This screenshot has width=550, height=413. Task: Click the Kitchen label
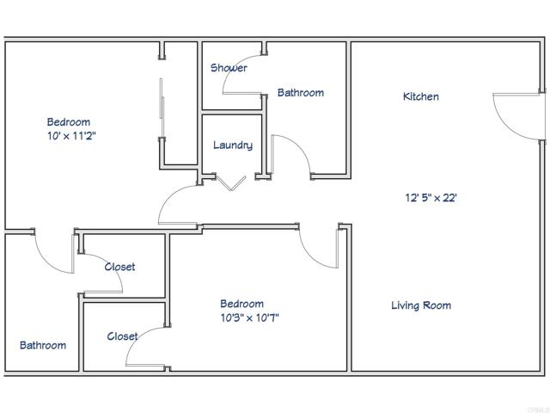tap(421, 96)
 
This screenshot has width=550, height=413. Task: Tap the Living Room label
tap(421, 305)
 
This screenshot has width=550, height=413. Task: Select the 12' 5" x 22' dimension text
tap(431, 197)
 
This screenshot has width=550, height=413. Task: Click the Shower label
tap(229, 68)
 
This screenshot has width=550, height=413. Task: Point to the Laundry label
tap(233, 145)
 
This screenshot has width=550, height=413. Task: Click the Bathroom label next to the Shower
tap(300, 93)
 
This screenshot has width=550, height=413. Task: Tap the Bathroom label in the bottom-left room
tap(43, 345)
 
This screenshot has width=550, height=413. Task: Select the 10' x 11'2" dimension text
tap(72, 136)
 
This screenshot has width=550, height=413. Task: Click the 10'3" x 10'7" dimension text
tap(250, 317)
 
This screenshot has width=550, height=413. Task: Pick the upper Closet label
tap(119, 267)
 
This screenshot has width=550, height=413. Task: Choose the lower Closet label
tap(123, 336)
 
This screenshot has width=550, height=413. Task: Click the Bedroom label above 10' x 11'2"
tap(69, 122)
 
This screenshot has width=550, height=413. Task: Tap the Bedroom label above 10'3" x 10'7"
tap(241, 304)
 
